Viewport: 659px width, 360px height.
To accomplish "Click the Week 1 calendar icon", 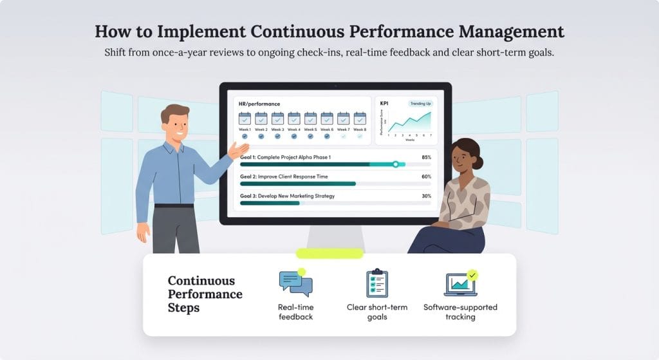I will click(x=245, y=118).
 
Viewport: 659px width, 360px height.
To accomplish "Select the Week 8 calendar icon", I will click(x=360, y=118).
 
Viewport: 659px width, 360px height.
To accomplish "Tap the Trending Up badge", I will click(x=420, y=104).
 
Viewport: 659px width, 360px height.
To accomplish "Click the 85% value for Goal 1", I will click(x=426, y=157).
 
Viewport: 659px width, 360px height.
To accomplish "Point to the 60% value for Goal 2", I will click(x=426, y=176).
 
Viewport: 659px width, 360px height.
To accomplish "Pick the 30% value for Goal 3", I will click(x=426, y=196).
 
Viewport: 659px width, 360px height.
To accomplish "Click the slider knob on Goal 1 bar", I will click(x=395, y=164).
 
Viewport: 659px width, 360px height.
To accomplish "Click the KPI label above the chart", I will click(x=384, y=103).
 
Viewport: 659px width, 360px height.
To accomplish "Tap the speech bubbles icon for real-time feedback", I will click(x=295, y=283).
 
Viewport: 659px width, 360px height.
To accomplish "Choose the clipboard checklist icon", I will click(x=376, y=283).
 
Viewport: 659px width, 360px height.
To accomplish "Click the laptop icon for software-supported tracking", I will click(x=460, y=283).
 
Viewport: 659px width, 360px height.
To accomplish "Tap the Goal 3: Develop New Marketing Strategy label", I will click(x=287, y=196).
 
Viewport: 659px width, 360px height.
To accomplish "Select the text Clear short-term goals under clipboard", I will click(x=376, y=312).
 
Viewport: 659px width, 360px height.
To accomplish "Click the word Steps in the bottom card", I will click(x=183, y=308).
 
